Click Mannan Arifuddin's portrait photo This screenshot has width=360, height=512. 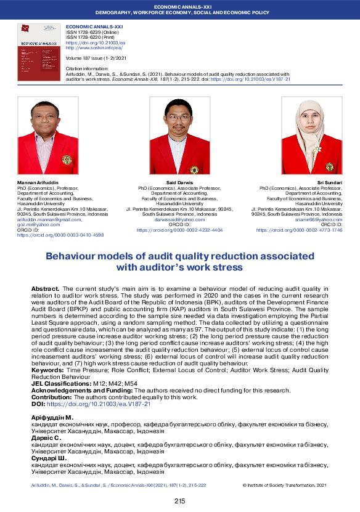(47, 135)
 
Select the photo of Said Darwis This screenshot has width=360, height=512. (180, 135)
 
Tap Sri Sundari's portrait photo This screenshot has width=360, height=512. (311, 135)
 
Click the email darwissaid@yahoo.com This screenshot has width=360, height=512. (179, 219)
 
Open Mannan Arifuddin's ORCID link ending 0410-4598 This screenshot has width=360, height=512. (60, 235)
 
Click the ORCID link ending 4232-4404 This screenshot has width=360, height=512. (179, 229)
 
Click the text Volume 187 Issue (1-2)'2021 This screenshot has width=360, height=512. (96, 57)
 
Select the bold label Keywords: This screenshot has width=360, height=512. (48, 370)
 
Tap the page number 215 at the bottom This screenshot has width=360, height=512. (179, 501)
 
